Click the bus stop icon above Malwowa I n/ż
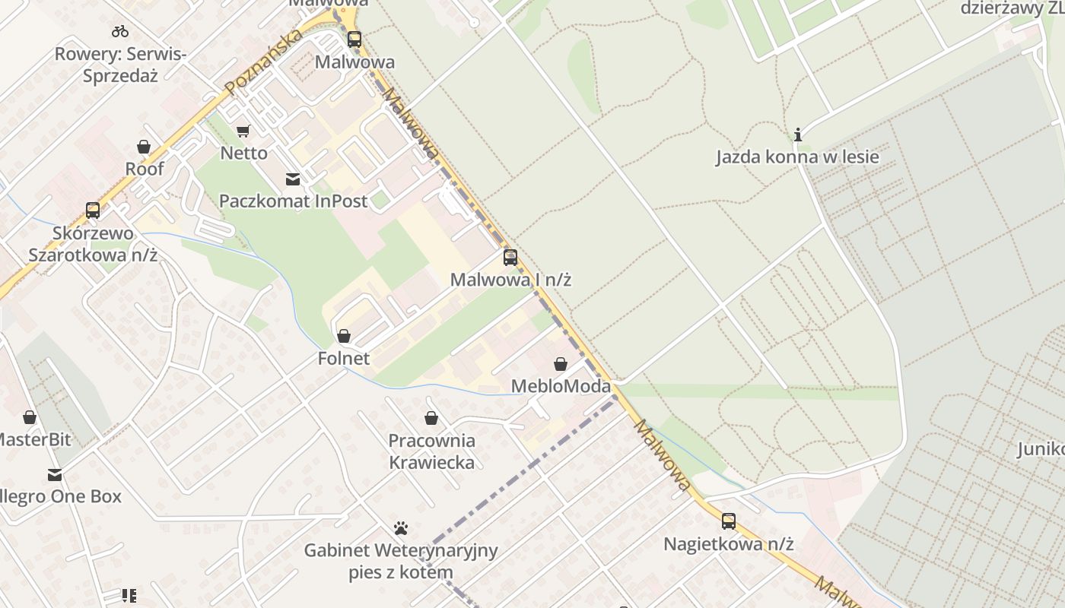pyautogui.click(x=510, y=258)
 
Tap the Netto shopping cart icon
pyautogui.click(x=243, y=131)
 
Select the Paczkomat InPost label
pyautogui.click(x=293, y=201)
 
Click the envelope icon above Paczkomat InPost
pyautogui.click(x=293, y=179)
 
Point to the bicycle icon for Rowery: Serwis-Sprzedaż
pyautogui.click(x=120, y=32)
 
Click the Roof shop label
pyautogui.click(x=145, y=169)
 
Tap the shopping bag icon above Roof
pyautogui.click(x=144, y=147)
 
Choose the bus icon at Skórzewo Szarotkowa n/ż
pyautogui.click(x=93, y=211)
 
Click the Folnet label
pyautogui.click(x=344, y=358)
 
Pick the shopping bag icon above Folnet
pyautogui.click(x=344, y=336)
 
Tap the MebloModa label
pyautogui.click(x=561, y=386)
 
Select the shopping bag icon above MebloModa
pyautogui.click(x=561, y=364)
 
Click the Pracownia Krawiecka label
pyautogui.click(x=431, y=451)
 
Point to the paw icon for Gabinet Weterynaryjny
pyautogui.click(x=401, y=527)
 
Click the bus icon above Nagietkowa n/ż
pyautogui.click(x=729, y=521)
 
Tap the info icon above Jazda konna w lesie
pyautogui.click(x=797, y=135)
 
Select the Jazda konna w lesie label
pyautogui.click(x=797, y=157)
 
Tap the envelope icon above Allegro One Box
pyautogui.click(x=55, y=475)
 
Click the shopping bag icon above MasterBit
pyautogui.click(x=30, y=417)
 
